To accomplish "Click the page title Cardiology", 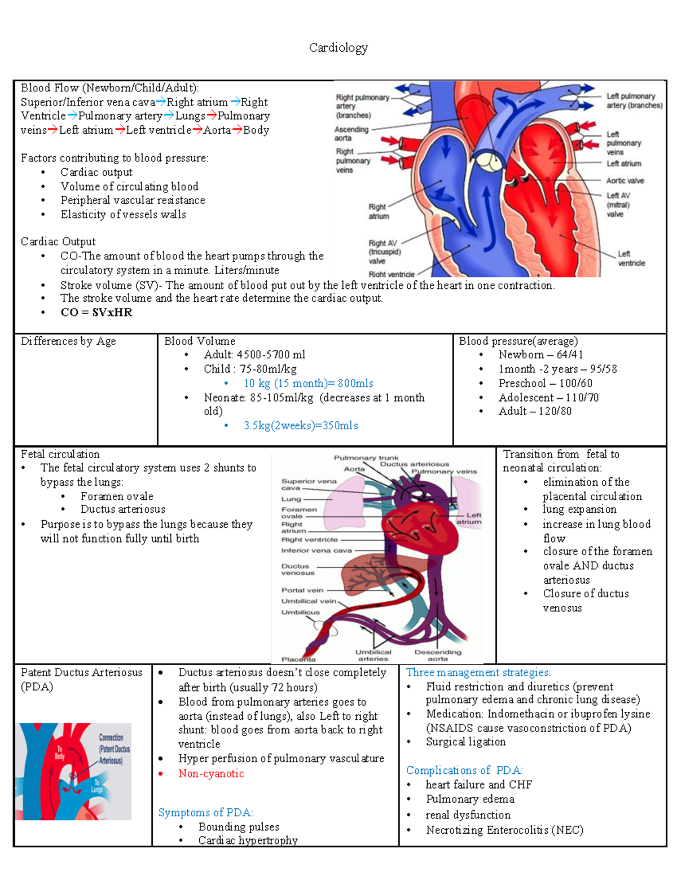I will tap(338, 48).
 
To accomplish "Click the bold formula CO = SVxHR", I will tap(96, 312).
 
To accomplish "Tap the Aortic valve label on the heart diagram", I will tap(625, 181).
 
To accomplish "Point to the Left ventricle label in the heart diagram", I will tap(631, 258).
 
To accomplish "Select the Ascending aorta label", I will tap(351, 134).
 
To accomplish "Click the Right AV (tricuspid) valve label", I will tap(384, 252).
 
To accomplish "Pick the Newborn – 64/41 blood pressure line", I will tap(540, 355).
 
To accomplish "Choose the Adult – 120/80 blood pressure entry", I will tap(534, 411).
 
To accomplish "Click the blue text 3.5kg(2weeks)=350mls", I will tap(301, 426).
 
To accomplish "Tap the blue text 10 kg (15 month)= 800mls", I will tap(308, 384).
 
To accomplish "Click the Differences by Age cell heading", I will tap(68, 341).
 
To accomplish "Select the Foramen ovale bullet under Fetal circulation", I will tap(117, 496).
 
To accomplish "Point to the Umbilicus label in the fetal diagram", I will tap(300, 612).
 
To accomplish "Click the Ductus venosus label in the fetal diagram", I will tap(297, 569).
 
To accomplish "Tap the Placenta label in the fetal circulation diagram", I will tap(298, 659).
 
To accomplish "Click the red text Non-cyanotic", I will tap(211, 774).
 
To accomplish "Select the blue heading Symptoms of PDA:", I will tap(205, 813).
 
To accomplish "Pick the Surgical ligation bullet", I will tap(465, 742).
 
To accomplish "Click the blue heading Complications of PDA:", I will tap(464, 771).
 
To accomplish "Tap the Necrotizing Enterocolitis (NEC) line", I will tap(504, 830).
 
